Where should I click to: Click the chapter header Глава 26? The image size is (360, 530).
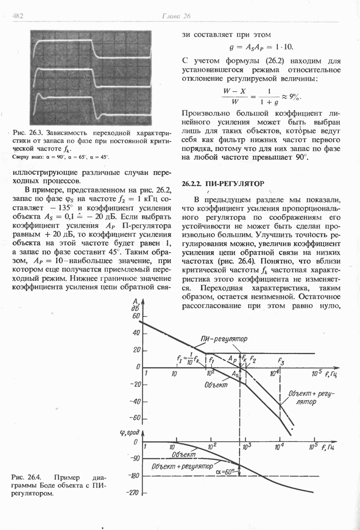point(175,16)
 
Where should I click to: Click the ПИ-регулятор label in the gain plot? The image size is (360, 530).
point(224,339)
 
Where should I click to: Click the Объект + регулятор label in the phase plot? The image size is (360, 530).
point(182,466)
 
